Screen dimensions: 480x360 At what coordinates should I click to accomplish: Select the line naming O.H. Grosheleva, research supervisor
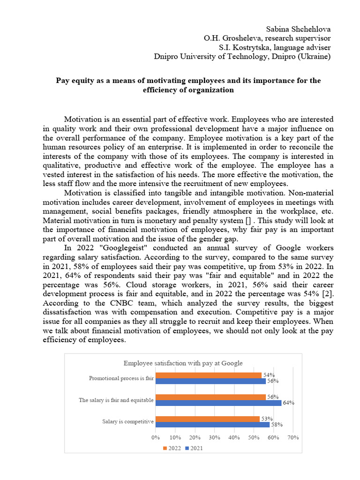267,38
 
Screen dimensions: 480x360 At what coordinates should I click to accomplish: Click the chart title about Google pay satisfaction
183,363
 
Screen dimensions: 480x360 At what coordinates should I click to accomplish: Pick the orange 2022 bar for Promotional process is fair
209,375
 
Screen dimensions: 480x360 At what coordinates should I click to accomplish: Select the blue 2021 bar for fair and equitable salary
218,403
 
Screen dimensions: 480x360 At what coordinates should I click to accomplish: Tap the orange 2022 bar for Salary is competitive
208,419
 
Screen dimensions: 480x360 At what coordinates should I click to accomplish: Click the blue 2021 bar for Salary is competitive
212,424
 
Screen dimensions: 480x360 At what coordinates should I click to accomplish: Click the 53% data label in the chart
266,419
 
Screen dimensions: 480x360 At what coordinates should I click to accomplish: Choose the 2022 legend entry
172,448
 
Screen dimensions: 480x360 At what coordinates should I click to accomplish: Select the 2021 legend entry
194,448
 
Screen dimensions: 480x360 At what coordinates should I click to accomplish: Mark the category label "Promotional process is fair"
121,378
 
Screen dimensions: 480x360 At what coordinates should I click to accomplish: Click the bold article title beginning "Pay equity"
188,85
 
